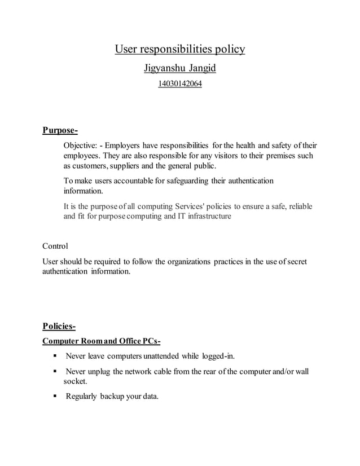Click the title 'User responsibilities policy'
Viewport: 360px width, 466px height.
click(180, 50)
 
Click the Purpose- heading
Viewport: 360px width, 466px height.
click(60, 131)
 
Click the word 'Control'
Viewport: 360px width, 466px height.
click(55, 246)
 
